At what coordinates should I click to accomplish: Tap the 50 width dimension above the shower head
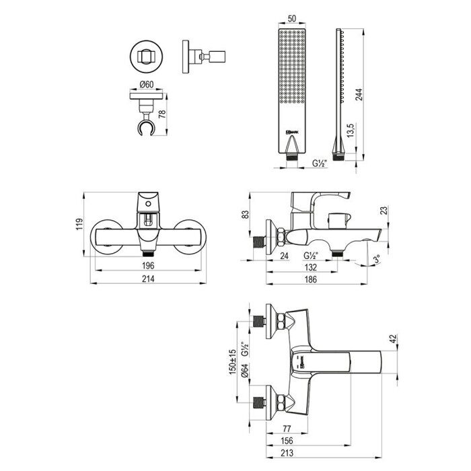click(291, 20)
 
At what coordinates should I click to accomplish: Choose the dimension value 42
click(402, 340)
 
